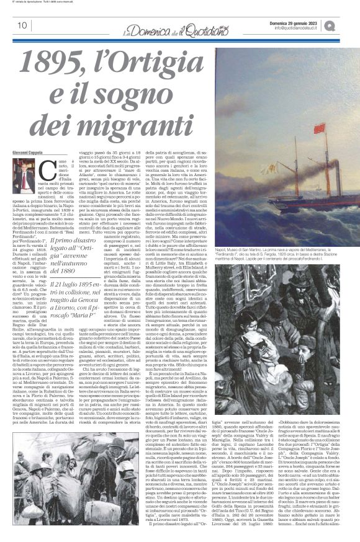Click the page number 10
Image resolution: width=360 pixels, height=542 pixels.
[x=22, y=25]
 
